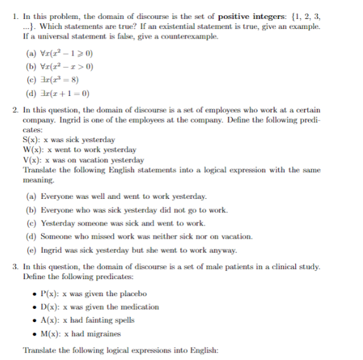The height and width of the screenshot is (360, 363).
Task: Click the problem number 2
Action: pyautogui.click(x=14, y=110)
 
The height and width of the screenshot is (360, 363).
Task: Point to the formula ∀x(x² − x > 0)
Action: pyautogui.click(x=71, y=67)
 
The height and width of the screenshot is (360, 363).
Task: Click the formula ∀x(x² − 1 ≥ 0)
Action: pyautogui.click(x=71, y=53)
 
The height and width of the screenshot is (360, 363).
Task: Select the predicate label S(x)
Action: pyautogui.click(x=30, y=140)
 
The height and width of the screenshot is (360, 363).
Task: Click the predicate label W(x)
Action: pyautogui.click(x=32, y=150)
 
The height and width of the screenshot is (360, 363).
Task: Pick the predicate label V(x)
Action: pyautogui.click(x=31, y=160)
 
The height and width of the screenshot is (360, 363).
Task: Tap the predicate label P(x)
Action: pyautogui.click(x=47, y=294)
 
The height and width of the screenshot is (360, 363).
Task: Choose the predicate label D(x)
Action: pyautogui.click(x=47, y=307)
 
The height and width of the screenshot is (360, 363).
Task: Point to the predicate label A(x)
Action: pyautogui.click(x=47, y=320)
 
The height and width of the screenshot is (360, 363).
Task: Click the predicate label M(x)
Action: pyautogui.click(x=48, y=333)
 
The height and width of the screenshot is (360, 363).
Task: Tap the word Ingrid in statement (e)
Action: pyautogui.click(x=52, y=249)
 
